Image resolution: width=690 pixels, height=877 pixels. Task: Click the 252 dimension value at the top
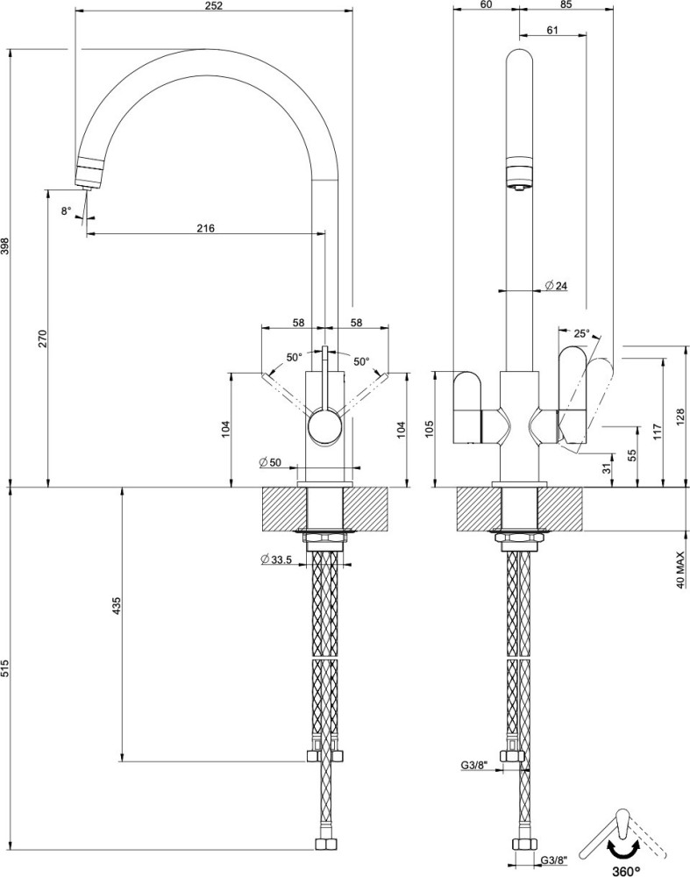coord(214,5)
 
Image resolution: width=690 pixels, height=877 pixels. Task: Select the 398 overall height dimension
coord(5,246)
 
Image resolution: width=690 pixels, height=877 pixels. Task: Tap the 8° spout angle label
coord(67,210)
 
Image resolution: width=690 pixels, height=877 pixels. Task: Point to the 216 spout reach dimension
coord(205,228)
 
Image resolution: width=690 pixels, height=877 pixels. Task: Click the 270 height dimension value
coord(42,339)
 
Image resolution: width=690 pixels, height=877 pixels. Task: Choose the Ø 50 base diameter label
coord(270,462)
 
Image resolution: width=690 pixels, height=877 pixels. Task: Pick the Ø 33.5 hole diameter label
coord(276,560)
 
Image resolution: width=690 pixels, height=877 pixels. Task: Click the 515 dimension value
coord(5,669)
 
